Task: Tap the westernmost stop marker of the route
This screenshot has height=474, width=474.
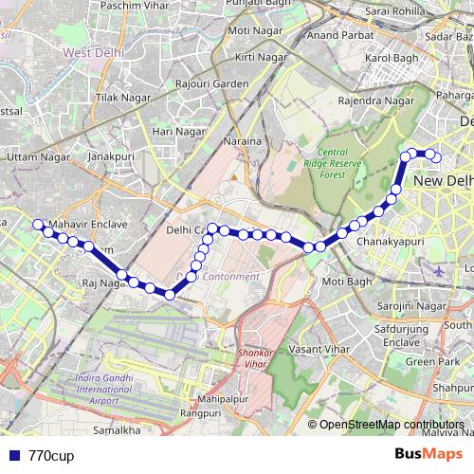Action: tap(38, 225)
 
